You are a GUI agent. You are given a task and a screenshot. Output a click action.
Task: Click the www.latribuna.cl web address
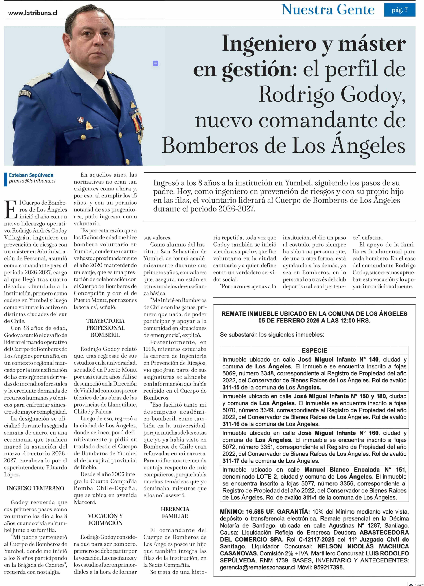point(33,13)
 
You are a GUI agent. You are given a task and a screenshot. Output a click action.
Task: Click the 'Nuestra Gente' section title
point(328,10)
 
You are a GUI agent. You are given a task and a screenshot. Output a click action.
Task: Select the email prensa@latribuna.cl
point(32,181)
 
